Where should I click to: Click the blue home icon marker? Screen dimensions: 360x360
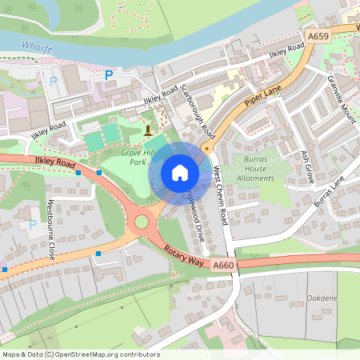pyautogui.click(x=180, y=172)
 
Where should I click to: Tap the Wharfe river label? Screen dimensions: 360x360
pyautogui.click(x=37, y=48)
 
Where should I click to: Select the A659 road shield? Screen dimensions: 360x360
pyautogui.click(x=318, y=35)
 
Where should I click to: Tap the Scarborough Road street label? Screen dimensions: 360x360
pyautogui.click(x=197, y=109)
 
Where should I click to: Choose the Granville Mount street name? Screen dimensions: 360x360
pyautogui.click(x=340, y=98)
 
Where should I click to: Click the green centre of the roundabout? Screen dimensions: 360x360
pyautogui.click(x=143, y=222)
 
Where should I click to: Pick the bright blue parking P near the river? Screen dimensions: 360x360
pyautogui.click(x=109, y=75)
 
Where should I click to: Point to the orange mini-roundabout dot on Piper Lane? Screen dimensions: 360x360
pyautogui.click(x=206, y=148)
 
